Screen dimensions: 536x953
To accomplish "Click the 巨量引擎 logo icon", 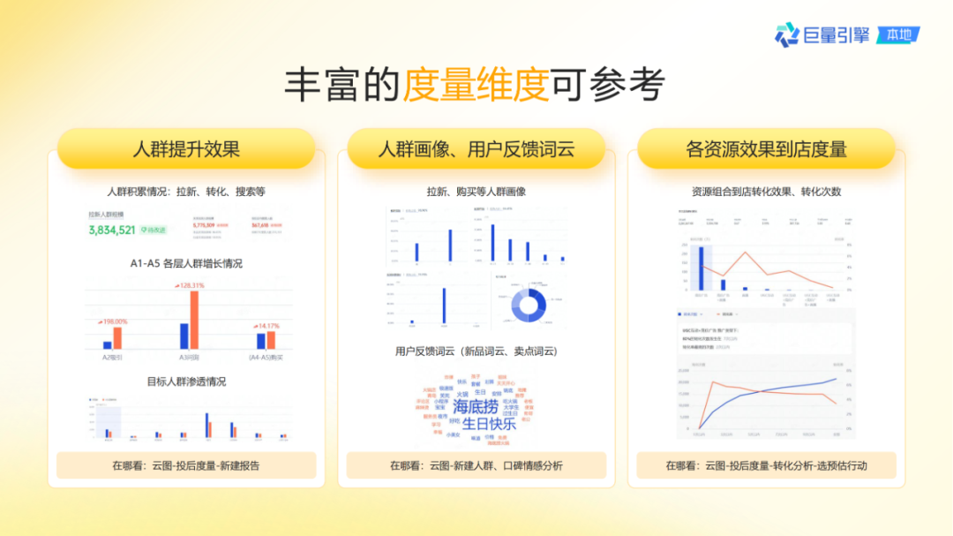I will (x=786, y=34).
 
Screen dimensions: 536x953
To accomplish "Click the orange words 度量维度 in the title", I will (x=476, y=86).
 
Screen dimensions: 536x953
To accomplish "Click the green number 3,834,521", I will (x=112, y=230).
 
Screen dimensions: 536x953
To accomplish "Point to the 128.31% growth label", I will (x=190, y=285).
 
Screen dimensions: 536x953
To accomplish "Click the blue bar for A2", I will (x=108, y=345).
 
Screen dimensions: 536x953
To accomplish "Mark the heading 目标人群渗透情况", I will (x=186, y=381).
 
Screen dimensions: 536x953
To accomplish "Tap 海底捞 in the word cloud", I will (x=475, y=407).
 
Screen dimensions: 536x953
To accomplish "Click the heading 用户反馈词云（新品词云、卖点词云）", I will (x=476, y=351).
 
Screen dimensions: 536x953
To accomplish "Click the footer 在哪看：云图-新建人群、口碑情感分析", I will (x=476, y=465).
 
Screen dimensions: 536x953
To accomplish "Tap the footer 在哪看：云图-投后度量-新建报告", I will (x=186, y=465).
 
